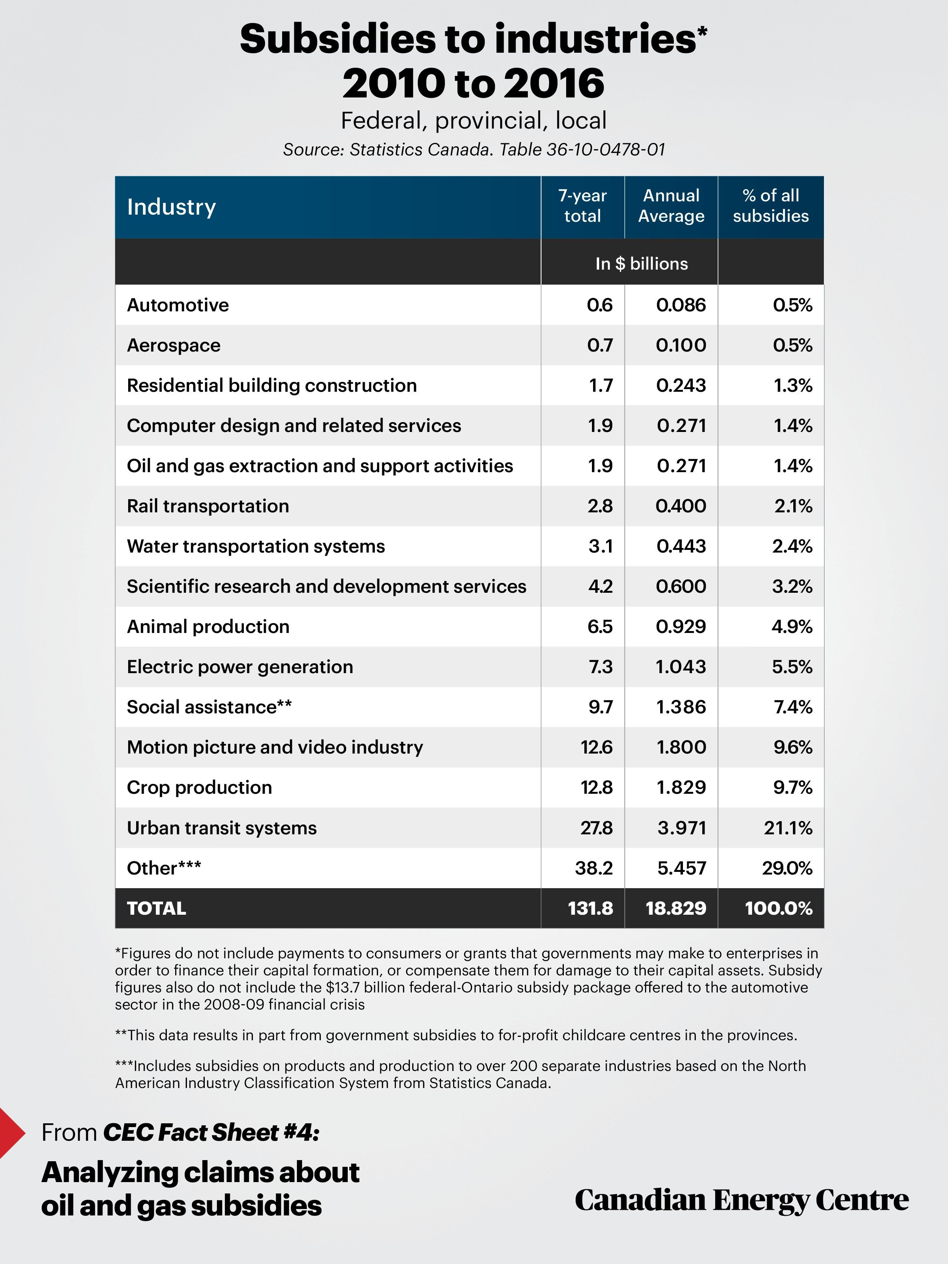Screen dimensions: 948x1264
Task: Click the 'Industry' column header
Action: coord(171,207)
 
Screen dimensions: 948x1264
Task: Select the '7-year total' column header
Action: coord(582,206)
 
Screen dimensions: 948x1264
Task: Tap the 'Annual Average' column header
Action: coord(672,206)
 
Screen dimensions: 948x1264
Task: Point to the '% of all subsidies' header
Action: coord(771,206)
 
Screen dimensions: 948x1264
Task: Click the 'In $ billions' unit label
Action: coord(642,264)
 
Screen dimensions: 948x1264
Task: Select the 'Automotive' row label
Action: coord(178,305)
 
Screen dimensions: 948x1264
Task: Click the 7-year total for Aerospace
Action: coord(600,345)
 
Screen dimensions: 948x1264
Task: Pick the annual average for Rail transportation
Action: coord(681,506)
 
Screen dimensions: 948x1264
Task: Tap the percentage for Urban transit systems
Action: coord(788,827)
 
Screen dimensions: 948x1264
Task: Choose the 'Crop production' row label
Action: coord(199,787)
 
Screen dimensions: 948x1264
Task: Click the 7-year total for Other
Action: coord(594,868)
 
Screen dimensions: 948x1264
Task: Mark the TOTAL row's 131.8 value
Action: coord(590,908)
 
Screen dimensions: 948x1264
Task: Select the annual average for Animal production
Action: coord(681,626)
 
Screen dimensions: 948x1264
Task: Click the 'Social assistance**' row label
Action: coord(209,707)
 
